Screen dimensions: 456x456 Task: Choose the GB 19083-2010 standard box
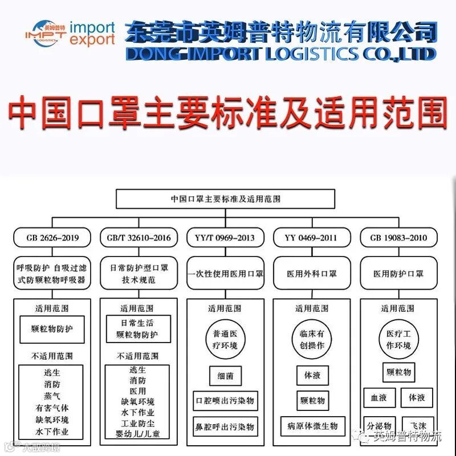pyautogui.click(x=398, y=237)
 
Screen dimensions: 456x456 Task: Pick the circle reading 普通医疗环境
pyautogui.click(x=225, y=340)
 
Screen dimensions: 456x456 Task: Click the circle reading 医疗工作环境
pyautogui.click(x=398, y=340)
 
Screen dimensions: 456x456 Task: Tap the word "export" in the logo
pyautogui.click(x=92, y=39)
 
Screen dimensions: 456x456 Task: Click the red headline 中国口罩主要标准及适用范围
pyautogui.click(x=228, y=111)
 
